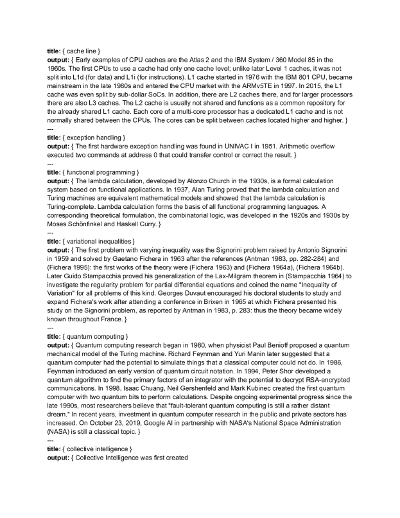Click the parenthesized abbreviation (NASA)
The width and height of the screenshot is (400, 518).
click(x=62, y=446)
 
